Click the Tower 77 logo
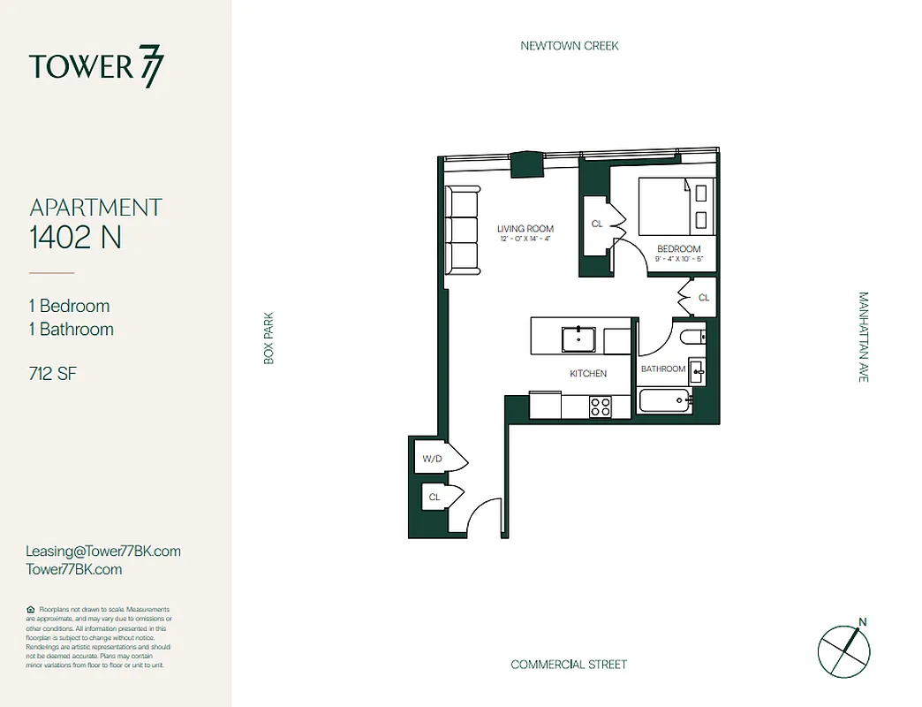(x=96, y=67)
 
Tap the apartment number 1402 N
(x=76, y=237)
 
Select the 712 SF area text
(x=52, y=374)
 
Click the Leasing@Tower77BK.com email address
(x=103, y=551)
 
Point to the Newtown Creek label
(x=569, y=45)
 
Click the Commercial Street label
(x=569, y=665)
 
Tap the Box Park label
(x=269, y=338)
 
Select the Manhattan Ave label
(x=863, y=337)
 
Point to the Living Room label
(x=525, y=229)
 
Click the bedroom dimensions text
(x=679, y=260)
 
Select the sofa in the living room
(x=462, y=230)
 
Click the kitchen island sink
(x=579, y=337)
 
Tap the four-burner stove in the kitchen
(x=601, y=406)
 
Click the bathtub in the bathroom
(x=665, y=402)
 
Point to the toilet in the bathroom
(x=693, y=336)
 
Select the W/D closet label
(x=432, y=459)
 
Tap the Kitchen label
(x=588, y=374)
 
